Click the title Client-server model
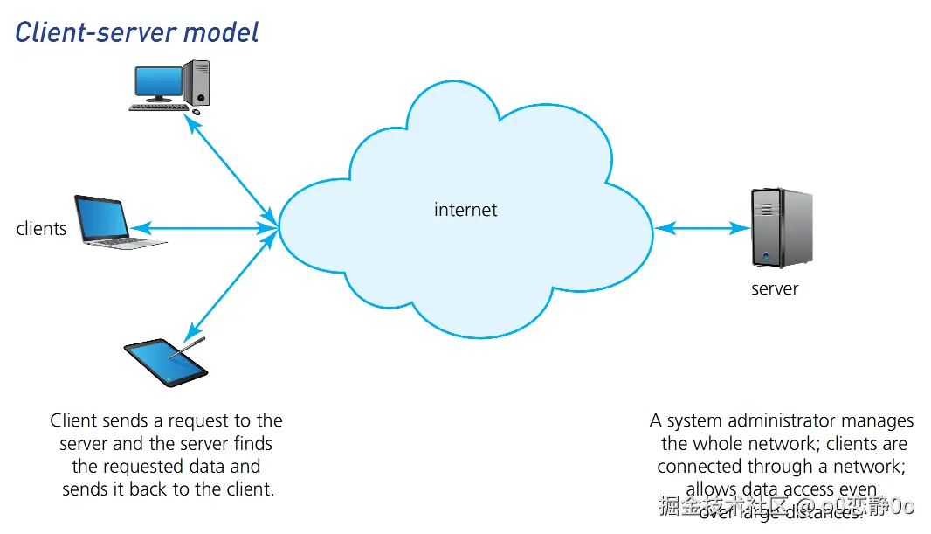(137, 32)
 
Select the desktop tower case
(197, 82)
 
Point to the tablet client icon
(166, 363)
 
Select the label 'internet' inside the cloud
(465, 210)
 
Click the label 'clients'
(41, 229)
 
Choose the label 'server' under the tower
(775, 288)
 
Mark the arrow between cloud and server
(702, 229)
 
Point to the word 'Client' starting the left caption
(73, 421)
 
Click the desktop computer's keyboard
(160, 107)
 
